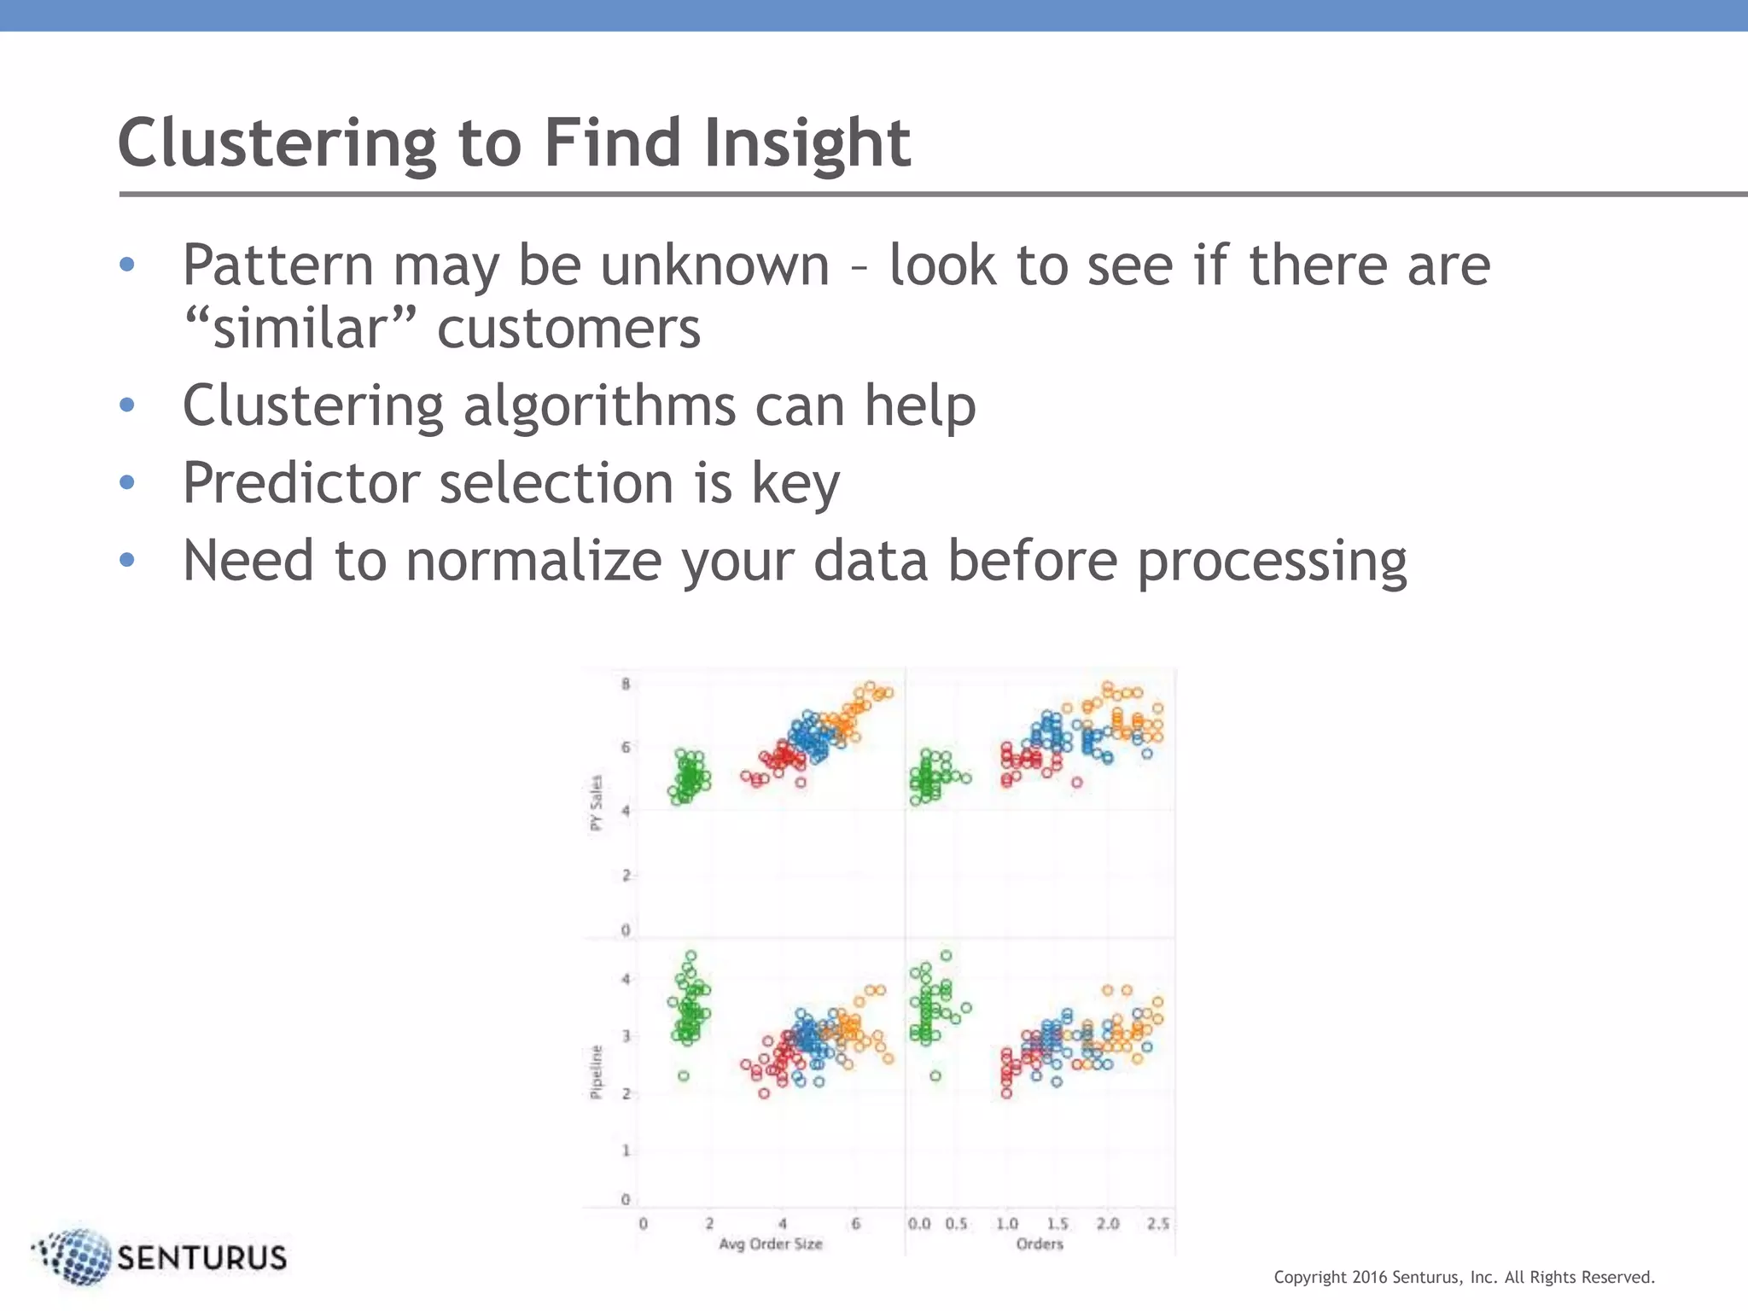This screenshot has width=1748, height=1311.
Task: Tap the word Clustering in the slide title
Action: coord(277,143)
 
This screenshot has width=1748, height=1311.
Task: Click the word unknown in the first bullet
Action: coord(715,265)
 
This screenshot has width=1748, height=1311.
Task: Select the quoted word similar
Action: coord(301,329)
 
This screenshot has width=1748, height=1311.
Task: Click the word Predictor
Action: coord(301,483)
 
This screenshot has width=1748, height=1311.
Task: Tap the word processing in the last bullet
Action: coord(1272,562)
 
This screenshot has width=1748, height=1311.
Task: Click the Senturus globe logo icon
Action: coord(75,1256)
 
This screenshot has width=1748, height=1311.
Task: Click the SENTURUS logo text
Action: coord(201,1258)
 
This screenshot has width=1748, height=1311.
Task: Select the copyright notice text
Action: coord(1464,1277)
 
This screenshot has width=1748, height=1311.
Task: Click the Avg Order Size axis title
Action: coord(770,1244)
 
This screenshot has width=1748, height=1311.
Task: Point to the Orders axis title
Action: coord(1039,1244)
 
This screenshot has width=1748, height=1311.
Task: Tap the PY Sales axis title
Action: coord(597,802)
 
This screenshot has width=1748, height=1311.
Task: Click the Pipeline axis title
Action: coord(597,1072)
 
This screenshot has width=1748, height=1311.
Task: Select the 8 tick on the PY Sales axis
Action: coord(626,684)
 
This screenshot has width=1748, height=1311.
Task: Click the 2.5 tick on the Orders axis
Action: coord(1158,1224)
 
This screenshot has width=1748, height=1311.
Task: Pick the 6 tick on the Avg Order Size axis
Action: coord(855,1224)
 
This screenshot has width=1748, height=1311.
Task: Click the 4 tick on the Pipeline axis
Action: coord(626,979)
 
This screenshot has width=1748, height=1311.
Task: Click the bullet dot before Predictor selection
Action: coord(127,482)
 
